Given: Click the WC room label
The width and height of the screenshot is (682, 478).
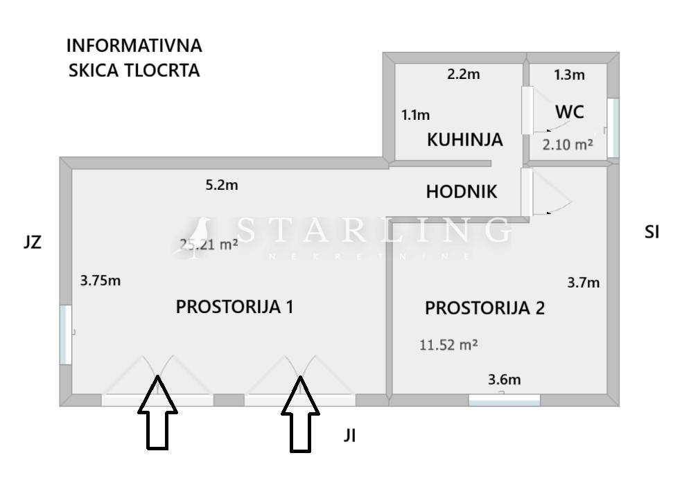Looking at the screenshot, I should point(570,112).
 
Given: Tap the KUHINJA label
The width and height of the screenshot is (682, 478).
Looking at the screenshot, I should point(464,140).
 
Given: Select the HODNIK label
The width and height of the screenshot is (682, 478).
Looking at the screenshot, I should point(462,192).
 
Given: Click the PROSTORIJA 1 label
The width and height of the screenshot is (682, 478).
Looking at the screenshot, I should point(234,306).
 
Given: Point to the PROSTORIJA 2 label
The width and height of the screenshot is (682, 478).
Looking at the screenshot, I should point(484,308).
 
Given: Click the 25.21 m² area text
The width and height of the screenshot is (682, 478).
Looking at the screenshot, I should point(209,244).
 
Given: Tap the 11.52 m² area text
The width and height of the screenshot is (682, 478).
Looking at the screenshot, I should point(448,344).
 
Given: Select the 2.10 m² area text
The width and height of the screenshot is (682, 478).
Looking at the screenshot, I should point(568,145).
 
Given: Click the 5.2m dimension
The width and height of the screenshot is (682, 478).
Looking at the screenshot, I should point(222,185).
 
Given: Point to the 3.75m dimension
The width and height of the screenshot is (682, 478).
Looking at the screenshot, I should point(101,281).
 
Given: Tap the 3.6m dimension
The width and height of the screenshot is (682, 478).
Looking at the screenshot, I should point(505,379).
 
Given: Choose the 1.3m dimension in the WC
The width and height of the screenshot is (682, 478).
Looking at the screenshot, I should point(569,75).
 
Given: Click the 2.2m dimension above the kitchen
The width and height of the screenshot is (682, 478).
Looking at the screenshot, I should point(463,75).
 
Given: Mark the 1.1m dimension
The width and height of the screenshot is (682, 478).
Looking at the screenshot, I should point(416,115).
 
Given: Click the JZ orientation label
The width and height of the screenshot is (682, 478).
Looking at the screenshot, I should point(33,242).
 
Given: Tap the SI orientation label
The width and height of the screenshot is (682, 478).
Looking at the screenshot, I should point(652,233).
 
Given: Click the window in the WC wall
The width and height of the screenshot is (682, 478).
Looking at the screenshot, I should point(613,127).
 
